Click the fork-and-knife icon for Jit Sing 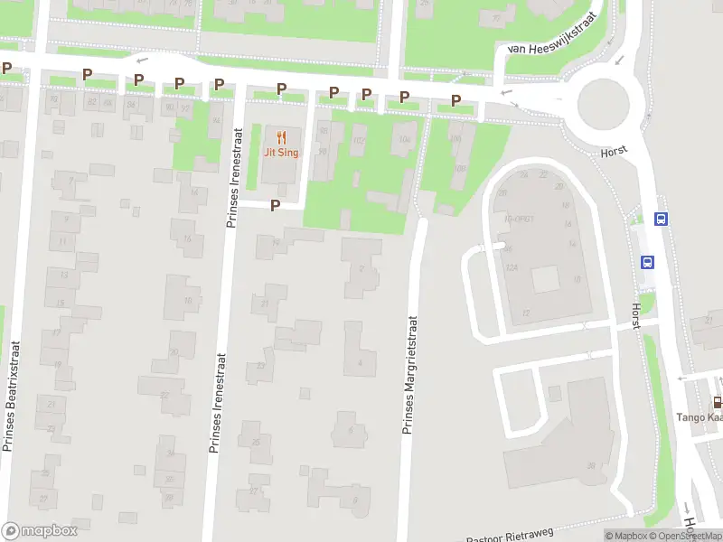click(281, 138)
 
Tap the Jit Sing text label click(281, 153)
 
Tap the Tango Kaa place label click(700, 417)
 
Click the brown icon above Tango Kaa click(717, 402)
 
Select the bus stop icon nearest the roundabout click(662, 219)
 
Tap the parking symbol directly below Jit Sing click(276, 206)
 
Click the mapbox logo click(40, 531)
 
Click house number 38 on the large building click(590, 466)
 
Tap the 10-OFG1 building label click(519, 218)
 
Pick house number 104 click(404, 139)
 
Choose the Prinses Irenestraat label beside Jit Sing click(231, 176)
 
